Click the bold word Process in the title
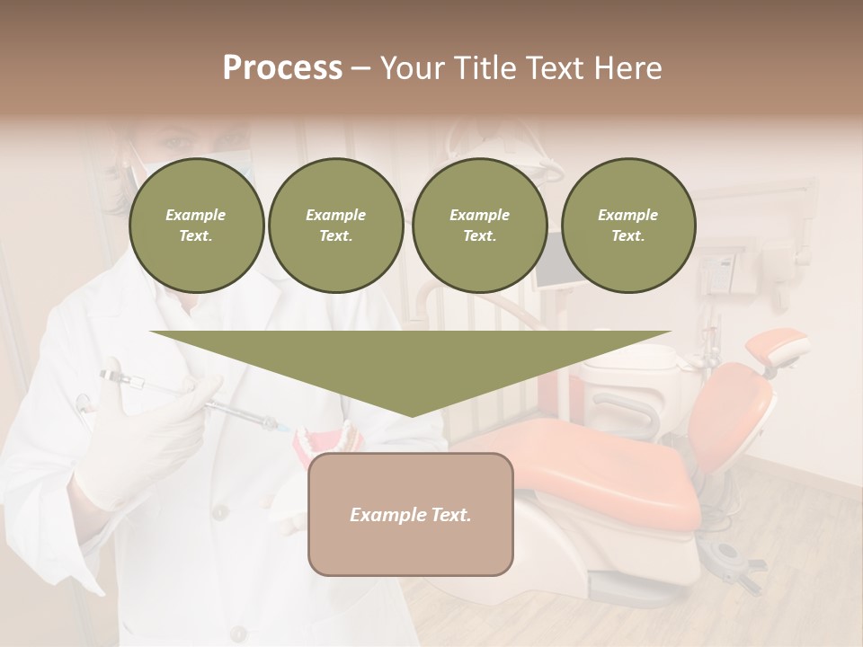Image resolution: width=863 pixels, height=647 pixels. point(282,68)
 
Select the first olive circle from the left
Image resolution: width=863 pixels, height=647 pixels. point(196,226)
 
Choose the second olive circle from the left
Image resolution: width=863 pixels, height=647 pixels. point(335,226)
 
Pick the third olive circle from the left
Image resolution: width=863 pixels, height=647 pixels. point(479,226)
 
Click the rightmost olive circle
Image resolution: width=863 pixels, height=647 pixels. point(627,226)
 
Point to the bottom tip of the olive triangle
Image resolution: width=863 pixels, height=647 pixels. point(411,414)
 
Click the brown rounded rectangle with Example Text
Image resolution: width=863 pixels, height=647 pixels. point(410,514)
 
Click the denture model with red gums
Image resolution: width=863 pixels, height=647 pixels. point(328,441)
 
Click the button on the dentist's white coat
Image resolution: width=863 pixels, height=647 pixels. point(219,512)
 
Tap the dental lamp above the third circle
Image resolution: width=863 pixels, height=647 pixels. point(539,162)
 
